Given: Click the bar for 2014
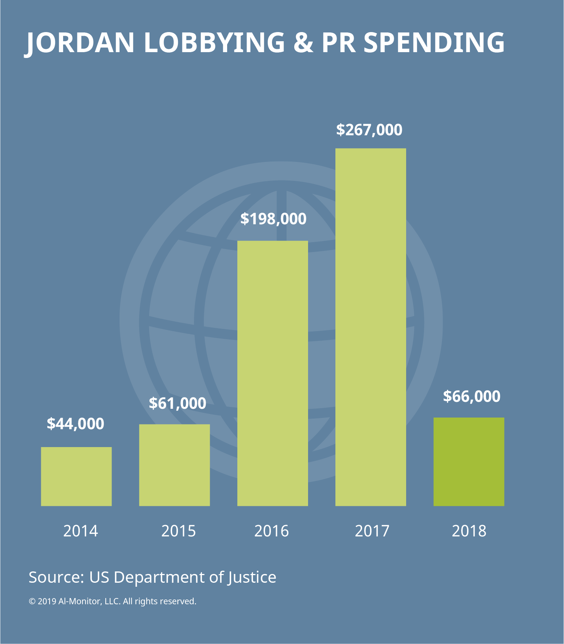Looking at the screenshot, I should point(76,476).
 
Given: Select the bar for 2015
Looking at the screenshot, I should point(174,465).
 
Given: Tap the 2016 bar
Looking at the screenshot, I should point(272,373).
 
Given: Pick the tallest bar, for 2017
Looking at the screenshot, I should point(370,327).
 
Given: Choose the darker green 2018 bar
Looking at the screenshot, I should point(468,462).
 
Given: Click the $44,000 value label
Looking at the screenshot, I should point(75,424).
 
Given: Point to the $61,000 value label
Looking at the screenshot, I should point(178,403).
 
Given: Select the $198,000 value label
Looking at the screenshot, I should point(273,219).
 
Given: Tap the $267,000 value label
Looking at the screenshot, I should point(369,130).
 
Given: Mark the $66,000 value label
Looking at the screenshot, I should point(471,396).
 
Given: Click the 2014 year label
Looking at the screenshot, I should point(81,531).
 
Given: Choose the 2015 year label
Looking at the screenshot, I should point(179,531).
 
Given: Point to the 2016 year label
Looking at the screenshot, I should point(272,531).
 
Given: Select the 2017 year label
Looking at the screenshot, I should point(372,531).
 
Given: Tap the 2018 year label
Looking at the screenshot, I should point(469,531).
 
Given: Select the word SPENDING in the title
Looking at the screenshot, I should point(434,43).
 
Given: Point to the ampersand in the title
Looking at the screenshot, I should point(303,43).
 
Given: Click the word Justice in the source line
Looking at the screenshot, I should point(252,577).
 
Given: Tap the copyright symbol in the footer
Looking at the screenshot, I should point(32,601).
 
